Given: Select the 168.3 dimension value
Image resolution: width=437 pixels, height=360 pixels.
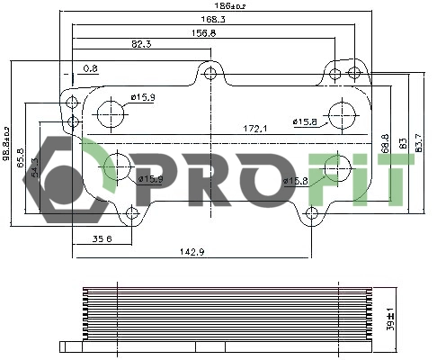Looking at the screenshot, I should (x=213, y=18).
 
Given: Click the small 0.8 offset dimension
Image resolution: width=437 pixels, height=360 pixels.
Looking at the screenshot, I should (x=90, y=68).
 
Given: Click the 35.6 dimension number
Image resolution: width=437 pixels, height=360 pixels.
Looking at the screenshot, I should (x=102, y=239).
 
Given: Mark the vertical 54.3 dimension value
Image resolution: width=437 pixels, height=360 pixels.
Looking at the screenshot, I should (x=34, y=167).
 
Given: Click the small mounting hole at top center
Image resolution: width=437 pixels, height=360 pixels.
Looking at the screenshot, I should (x=210, y=73).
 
